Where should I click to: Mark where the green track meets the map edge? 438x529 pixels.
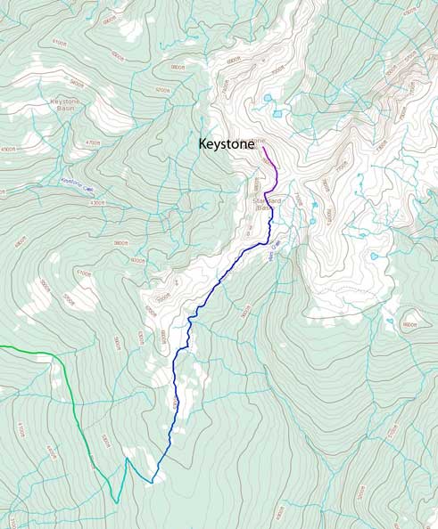coord(1,346)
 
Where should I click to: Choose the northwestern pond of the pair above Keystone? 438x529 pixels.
coord(267,98)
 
